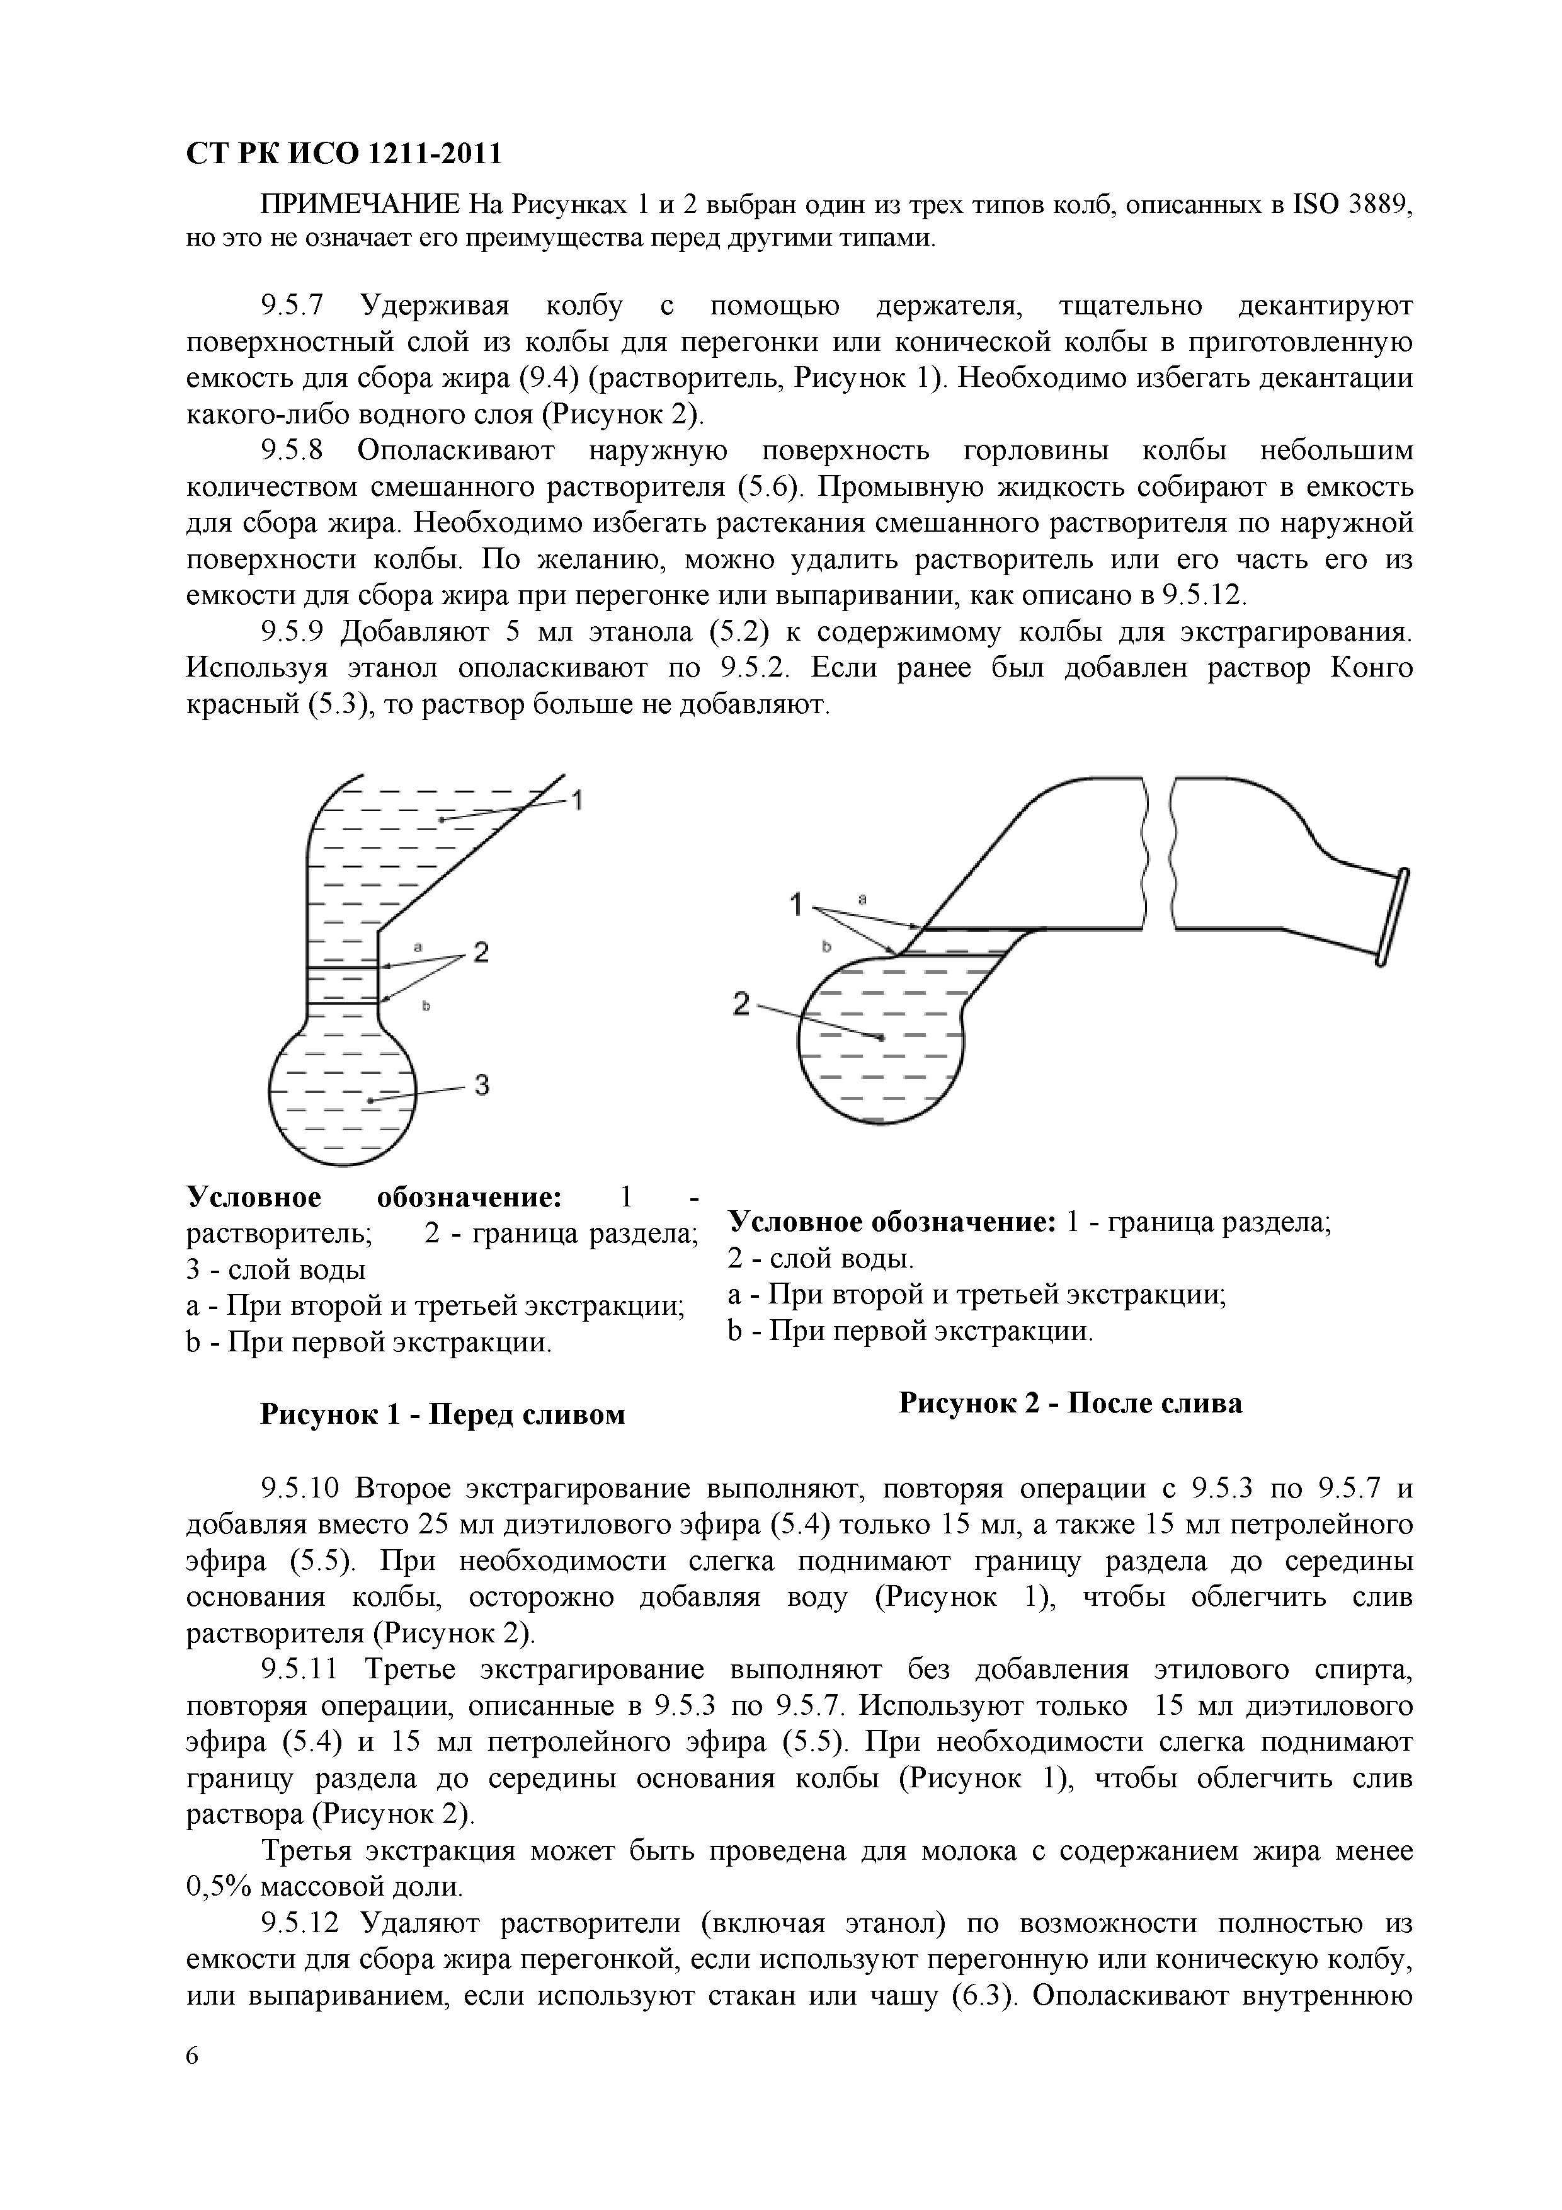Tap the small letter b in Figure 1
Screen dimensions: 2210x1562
(x=425, y=1005)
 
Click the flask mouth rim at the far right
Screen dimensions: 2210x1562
(x=1389, y=914)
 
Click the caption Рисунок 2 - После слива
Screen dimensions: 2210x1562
(x=1070, y=1402)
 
